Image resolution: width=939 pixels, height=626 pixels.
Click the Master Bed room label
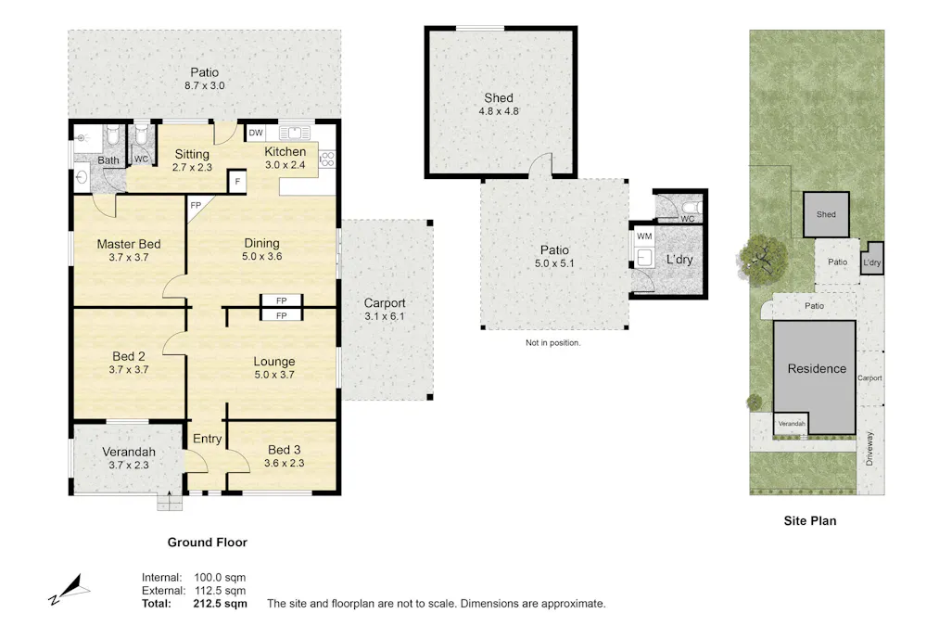(129, 245)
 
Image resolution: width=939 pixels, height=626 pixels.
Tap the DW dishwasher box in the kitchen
(256, 134)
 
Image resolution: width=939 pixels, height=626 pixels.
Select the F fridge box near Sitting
(238, 182)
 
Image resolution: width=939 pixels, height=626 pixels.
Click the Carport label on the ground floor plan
(384, 303)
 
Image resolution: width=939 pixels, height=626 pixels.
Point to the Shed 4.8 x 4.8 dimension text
(498, 113)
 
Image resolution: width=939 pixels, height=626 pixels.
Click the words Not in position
(552, 342)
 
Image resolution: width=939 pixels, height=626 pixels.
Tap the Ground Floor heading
(207, 543)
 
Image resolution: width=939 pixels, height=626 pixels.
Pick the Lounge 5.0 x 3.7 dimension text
(274, 375)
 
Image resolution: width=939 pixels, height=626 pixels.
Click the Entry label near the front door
(206, 439)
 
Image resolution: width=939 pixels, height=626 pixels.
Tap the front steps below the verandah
(170, 503)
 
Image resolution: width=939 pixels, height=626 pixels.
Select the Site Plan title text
(809, 521)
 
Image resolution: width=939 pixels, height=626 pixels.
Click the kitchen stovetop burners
(326, 160)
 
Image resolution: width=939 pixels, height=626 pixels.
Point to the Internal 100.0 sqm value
(220, 578)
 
